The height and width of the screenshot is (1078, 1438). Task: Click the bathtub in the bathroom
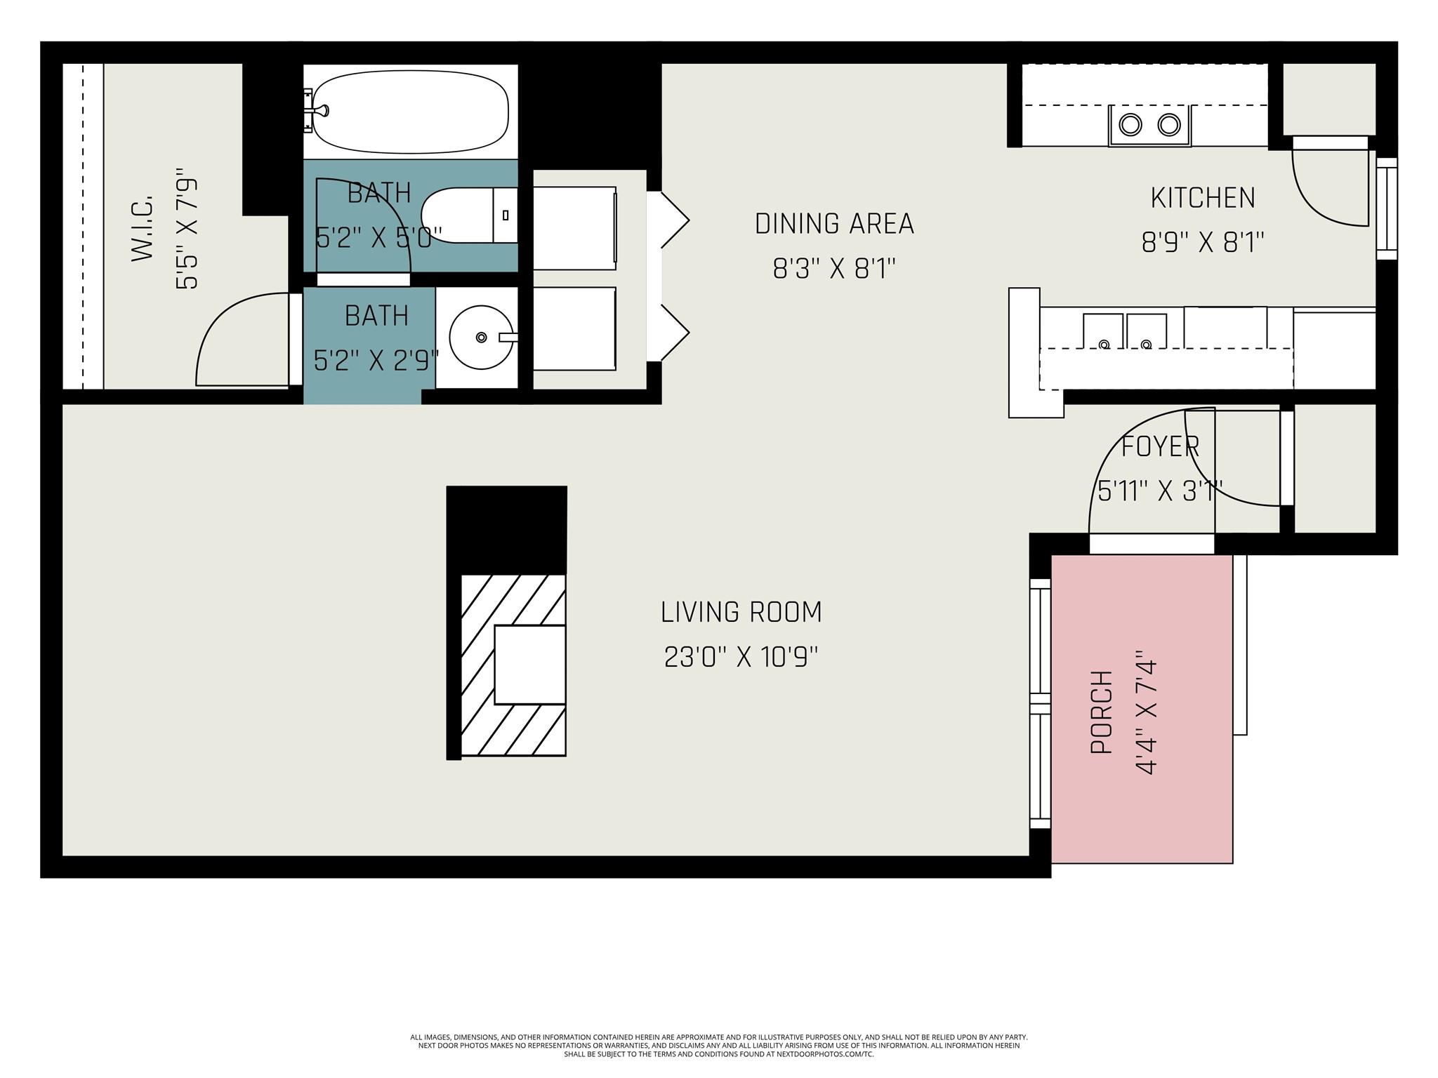pos(410,112)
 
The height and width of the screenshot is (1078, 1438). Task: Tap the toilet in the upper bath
pos(467,215)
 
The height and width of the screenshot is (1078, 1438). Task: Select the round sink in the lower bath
pos(481,338)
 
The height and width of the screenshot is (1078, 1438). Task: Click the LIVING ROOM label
pos(741,612)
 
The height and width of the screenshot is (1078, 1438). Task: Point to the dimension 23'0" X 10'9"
pos(741,658)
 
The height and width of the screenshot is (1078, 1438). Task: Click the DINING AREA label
pos(834,224)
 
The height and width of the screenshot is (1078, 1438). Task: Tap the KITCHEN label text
pos(1202,198)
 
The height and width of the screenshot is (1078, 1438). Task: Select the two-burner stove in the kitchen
pos(1149,125)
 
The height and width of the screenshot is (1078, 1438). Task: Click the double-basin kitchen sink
pos(1124,332)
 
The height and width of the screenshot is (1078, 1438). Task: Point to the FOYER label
pos(1160,446)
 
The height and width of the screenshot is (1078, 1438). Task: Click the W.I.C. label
pos(143,228)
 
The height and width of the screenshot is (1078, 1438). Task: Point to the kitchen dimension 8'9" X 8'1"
pos(1202,243)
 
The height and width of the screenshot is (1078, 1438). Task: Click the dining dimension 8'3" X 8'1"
pos(834,269)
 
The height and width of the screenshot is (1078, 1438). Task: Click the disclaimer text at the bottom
pos(718,1045)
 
